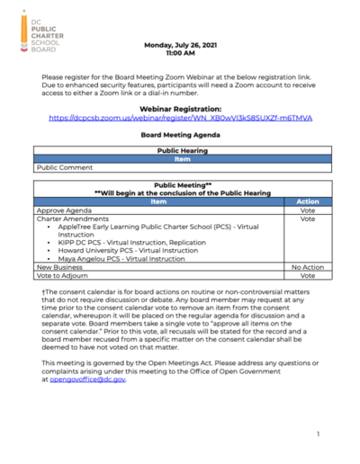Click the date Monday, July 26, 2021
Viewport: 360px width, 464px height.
(x=180, y=43)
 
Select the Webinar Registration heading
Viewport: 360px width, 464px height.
(x=180, y=106)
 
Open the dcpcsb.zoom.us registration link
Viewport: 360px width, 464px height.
(x=180, y=118)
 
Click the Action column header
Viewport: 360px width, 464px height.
(x=307, y=202)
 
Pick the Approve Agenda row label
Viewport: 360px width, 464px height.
(x=63, y=210)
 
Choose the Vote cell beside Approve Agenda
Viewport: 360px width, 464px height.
(x=307, y=210)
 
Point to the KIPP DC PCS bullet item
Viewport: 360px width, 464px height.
(x=133, y=243)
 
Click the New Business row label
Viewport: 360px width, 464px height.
(x=58, y=268)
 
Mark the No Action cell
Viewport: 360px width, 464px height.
(x=307, y=268)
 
